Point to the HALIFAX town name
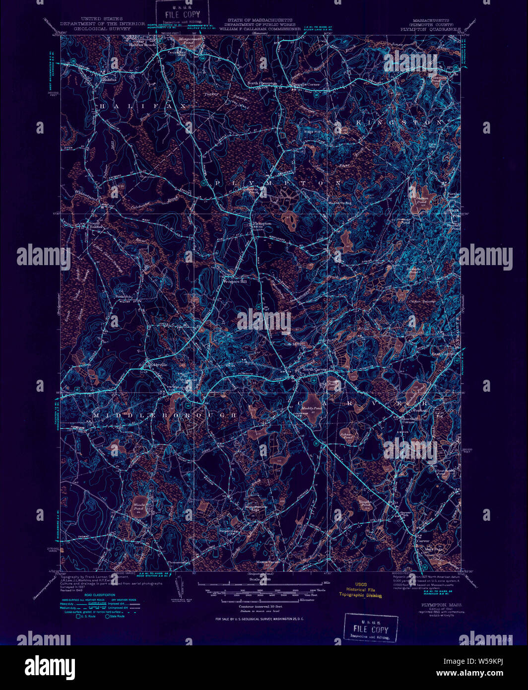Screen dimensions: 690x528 tap(142, 107)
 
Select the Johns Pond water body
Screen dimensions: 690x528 tap(346, 435)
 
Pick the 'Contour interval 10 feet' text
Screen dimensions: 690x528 tap(260, 607)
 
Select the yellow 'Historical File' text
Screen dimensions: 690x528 tap(360, 590)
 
